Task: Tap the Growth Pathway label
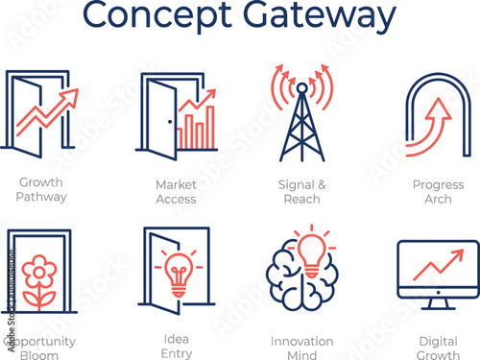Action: click(42, 191)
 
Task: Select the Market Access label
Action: click(176, 191)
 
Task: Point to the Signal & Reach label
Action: click(301, 191)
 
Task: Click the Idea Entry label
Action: click(176, 347)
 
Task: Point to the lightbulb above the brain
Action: click(309, 248)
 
